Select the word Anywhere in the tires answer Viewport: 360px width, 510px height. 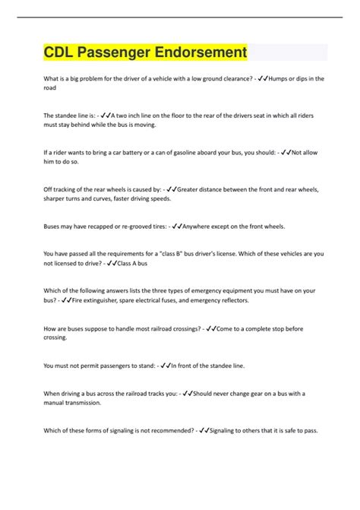click(x=203, y=226)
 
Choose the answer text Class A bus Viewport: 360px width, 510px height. click(x=136, y=263)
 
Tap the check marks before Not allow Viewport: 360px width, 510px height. click(x=286, y=153)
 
